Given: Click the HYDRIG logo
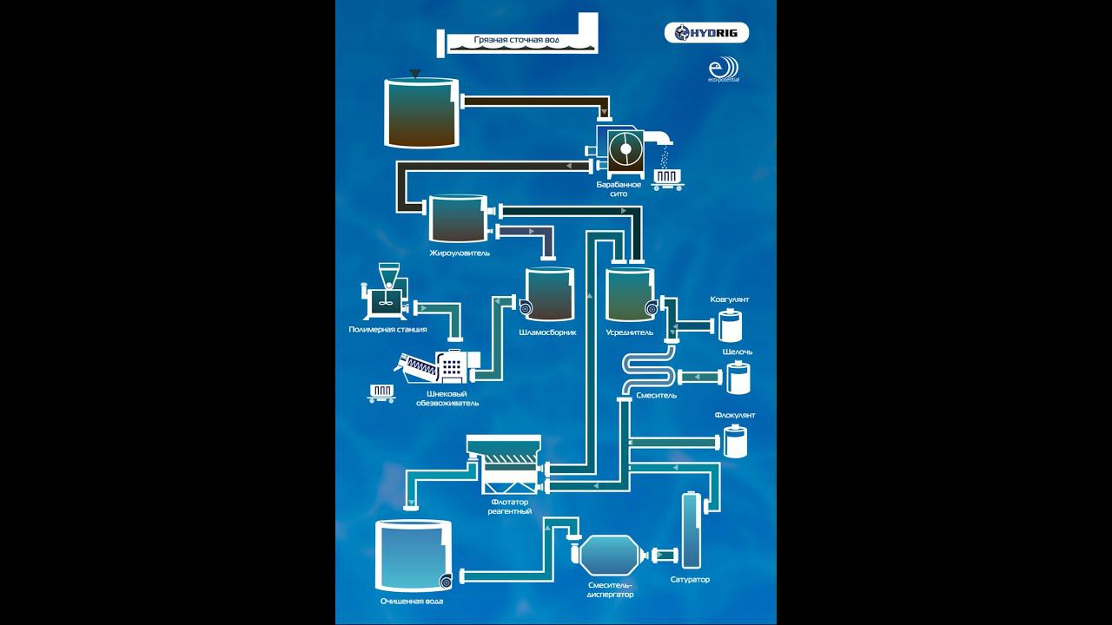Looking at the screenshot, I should pyautogui.click(x=706, y=34).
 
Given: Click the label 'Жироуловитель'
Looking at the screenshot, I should pyautogui.click(x=460, y=253).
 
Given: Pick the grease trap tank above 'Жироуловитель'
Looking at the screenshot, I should pyautogui.click(x=458, y=219).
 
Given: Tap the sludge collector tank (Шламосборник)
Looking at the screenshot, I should pyautogui.click(x=548, y=295).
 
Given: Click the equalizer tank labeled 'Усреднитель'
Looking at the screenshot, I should pyautogui.click(x=629, y=295).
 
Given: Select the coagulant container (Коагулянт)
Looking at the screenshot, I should pyautogui.click(x=730, y=326).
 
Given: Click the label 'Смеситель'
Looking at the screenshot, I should pyautogui.click(x=656, y=395).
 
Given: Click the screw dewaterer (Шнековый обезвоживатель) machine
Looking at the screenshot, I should pyautogui.click(x=440, y=367).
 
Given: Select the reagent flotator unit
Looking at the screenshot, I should pyautogui.click(x=505, y=464).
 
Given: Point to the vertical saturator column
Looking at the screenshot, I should pyautogui.click(x=692, y=529).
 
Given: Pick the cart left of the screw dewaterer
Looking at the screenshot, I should pyautogui.click(x=381, y=392).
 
